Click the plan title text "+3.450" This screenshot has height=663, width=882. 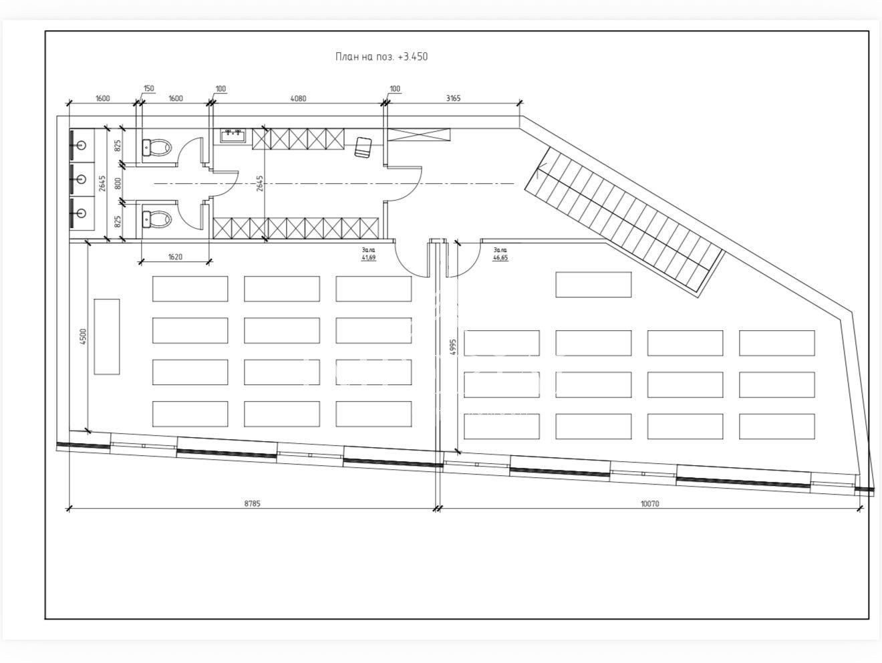tap(413, 57)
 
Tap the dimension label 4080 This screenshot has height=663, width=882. tap(298, 98)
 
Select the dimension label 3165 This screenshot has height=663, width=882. tap(453, 98)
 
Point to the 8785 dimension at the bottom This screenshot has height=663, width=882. tap(253, 503)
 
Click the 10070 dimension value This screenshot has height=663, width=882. tap(649, 503)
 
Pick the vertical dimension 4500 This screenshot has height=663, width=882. tap(82, 337)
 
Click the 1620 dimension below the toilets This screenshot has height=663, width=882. tap(175, 257)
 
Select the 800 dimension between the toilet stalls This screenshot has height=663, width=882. tap(118, 184)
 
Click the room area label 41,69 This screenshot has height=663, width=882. tap(368, 257)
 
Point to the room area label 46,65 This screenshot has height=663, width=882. tap(500, 257)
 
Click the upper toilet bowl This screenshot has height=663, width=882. tap(157, 148)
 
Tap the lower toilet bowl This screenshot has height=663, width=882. tap(157, 219)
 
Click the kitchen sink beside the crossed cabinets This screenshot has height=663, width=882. tap(233, 136)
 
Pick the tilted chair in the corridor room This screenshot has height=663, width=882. tap(363, 146)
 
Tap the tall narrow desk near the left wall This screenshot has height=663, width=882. tap(107, 337)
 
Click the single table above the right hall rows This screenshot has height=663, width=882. tap(593, 285)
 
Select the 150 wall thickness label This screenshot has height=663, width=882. tap(149, 88)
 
